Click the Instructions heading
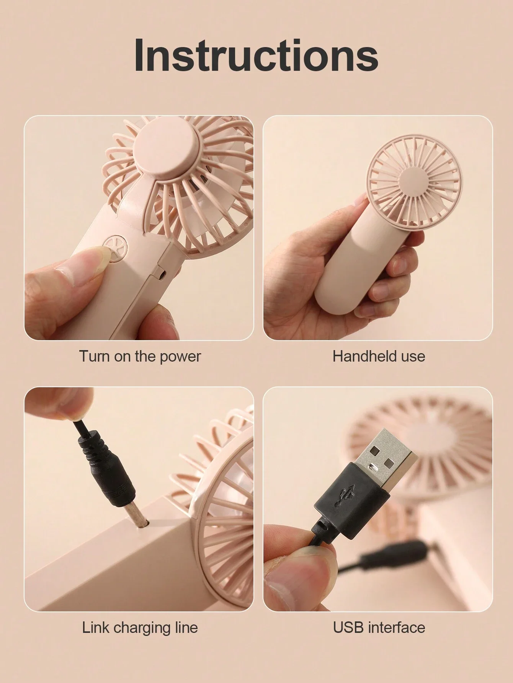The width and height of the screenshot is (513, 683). pyautogui.click(x=256, y=55)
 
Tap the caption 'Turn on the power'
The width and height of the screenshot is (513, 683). pyautogui.click(x=140, y=356)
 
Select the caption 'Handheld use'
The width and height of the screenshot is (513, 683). pyautogui.click(x=379, y=356)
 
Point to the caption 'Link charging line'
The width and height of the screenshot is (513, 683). pyautogui.click(x=140, y=628)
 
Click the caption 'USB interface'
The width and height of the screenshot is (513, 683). pyautogui.click(x=379, y=628)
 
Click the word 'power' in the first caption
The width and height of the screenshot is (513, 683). pyautogui.click(x=180, y=357)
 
